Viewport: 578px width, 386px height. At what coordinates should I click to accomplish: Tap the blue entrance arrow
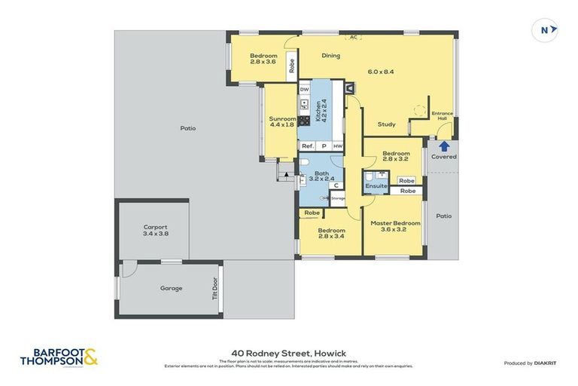pos(443,146)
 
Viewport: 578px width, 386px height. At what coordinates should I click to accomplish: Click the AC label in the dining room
pos(353,36)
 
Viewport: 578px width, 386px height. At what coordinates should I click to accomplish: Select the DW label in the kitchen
pos(305,90)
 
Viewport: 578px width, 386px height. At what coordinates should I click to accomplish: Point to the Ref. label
pos(307,146)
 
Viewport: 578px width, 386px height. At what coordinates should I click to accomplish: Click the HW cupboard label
pos(338,146)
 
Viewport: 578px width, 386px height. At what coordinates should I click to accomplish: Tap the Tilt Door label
pos(214,289)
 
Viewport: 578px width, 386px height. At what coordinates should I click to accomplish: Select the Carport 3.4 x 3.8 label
pos(156,230)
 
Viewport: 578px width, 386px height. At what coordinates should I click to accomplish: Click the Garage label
pos(171,288)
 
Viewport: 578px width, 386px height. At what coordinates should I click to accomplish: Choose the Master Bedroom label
pos(395,227)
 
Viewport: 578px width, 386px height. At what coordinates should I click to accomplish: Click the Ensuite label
pos(376,185)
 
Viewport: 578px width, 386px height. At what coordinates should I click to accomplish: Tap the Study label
pos(387,124)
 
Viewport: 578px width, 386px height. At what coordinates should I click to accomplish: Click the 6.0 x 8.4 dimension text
pos(380,72)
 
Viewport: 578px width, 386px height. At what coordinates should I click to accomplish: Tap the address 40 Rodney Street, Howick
pos(289,351)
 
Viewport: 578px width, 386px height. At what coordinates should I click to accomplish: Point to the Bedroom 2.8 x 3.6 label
pos(263,59)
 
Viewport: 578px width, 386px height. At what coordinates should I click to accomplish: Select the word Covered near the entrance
pos(443,157)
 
